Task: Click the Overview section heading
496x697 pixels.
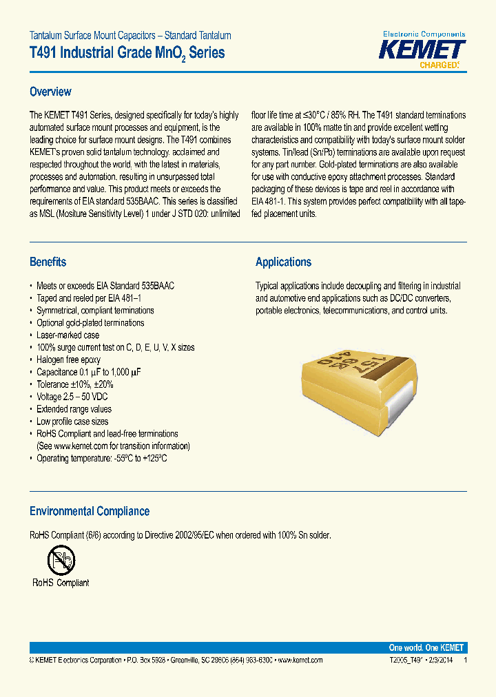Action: tap(50, 92)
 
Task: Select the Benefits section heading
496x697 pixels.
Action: tap(48, 262)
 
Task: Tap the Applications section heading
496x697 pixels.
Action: tap(283, 262)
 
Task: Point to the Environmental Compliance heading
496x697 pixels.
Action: tap(89, 511)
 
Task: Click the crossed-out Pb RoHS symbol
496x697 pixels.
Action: tap(61, 560)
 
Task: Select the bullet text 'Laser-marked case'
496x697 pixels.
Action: tap(68, 335)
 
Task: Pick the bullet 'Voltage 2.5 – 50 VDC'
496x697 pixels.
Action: tap(72, 397)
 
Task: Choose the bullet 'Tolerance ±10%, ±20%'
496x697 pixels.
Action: tap(74, 384)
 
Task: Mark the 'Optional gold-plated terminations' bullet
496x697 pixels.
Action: tap(90, 322)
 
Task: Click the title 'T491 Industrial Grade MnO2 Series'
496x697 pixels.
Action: tap(127, 53)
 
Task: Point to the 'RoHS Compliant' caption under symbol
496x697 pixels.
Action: tap(61, 583)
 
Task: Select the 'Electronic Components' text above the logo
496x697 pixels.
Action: tap(424, 34)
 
